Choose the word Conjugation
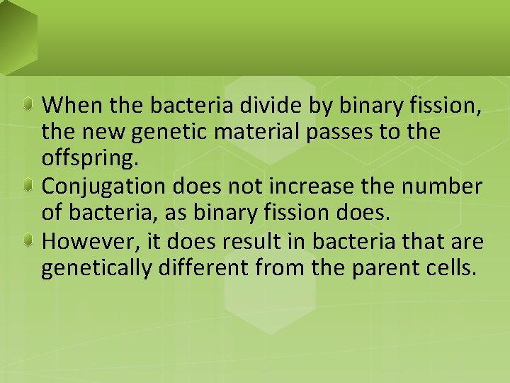[x=103, y=187]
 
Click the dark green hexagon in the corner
[x=14, y=32]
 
